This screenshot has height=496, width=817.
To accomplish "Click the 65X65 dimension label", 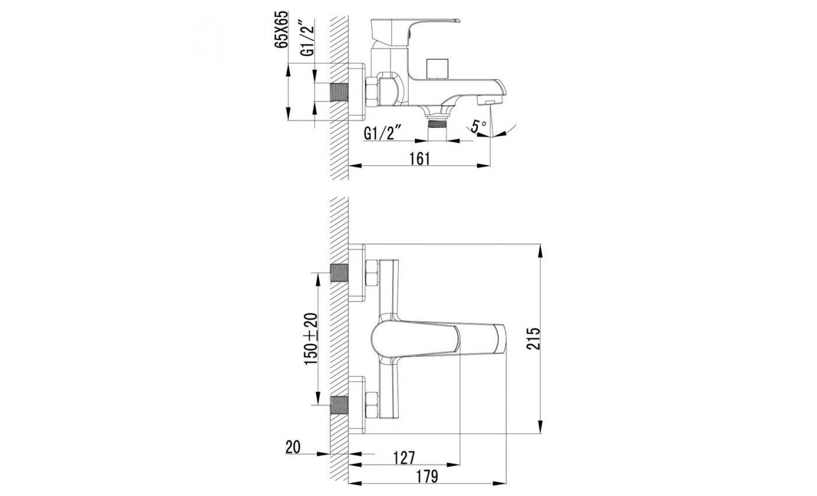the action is tap(281, 30).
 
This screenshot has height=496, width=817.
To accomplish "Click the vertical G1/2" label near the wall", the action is tap(308, 37).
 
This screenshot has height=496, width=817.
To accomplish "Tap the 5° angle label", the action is tap(478, 126).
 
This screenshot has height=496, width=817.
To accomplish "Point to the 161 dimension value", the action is tap(420, 159).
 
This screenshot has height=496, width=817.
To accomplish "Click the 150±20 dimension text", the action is tap(310, 339).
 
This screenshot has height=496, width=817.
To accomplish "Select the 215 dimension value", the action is tap(533, 338).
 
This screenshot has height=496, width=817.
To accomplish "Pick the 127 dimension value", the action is tap(404, 457).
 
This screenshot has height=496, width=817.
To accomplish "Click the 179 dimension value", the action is tap(427, 476).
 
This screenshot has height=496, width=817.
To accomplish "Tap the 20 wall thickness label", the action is tap(293, 447).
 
